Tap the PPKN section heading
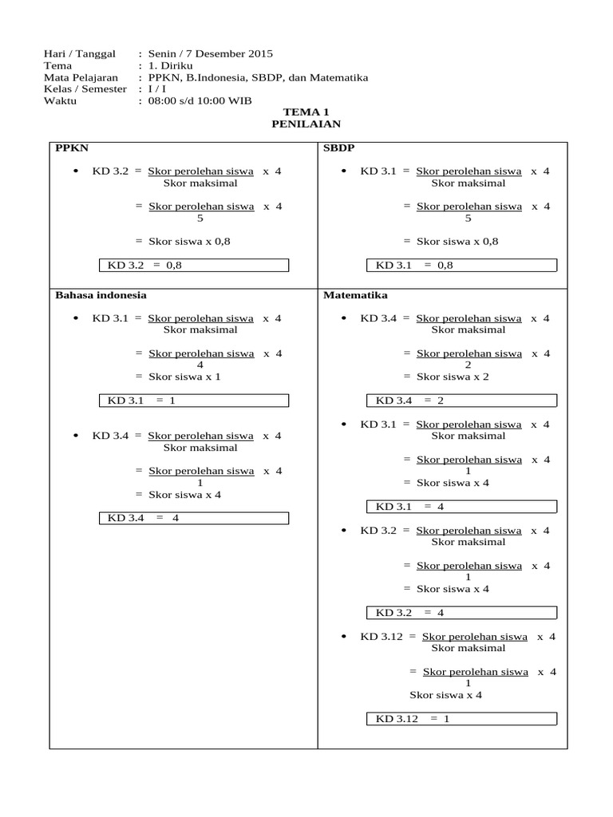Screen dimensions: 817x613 click(x=70, y=148)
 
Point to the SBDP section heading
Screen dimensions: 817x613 click(x=339, y=148)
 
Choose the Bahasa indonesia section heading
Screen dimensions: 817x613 click(x=101, y=295)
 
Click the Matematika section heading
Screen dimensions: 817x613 click(x=355, y=295)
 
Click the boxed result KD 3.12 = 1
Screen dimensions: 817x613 click(x=461, y=719)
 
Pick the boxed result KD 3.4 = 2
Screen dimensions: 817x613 click(x=461, y=401)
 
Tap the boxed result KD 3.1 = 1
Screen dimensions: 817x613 click(x=193, y=401)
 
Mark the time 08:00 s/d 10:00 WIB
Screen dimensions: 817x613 click(x=195, y=101)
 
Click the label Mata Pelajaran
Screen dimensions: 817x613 click(x=81, y=78)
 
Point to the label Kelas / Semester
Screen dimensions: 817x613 click(x=86, y=89)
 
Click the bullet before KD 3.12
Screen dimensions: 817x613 click(x=344, y=637)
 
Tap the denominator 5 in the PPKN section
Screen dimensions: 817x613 click(x=200, y=218)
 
